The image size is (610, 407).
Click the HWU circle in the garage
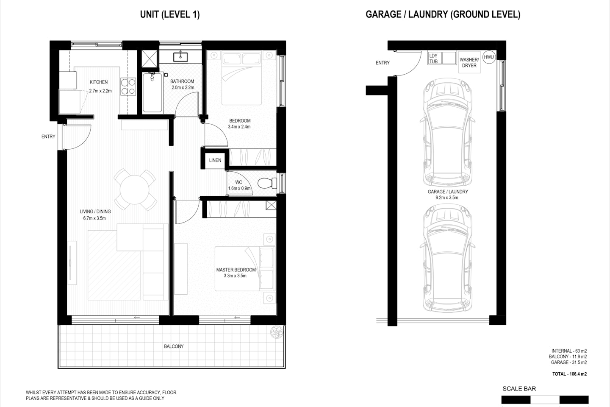(489, 57)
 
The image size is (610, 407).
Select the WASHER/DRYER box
(469, 62)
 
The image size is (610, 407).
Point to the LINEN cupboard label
(215, 160)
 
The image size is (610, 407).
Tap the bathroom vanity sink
(183, 56)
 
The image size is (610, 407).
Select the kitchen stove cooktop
(128, 86)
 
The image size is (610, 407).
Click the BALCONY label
(174, 346)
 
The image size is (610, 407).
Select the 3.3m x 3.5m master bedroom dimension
(236, 276)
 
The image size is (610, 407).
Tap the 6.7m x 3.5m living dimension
(94, 218)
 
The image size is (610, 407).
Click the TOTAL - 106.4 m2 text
(569, 374)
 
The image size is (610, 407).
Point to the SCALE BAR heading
(519, 388)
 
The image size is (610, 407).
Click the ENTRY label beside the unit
(48, 137)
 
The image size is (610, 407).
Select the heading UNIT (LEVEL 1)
(169, 14)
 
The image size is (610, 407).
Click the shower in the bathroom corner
(148, 59)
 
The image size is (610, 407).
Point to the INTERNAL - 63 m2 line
(569, 351)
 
